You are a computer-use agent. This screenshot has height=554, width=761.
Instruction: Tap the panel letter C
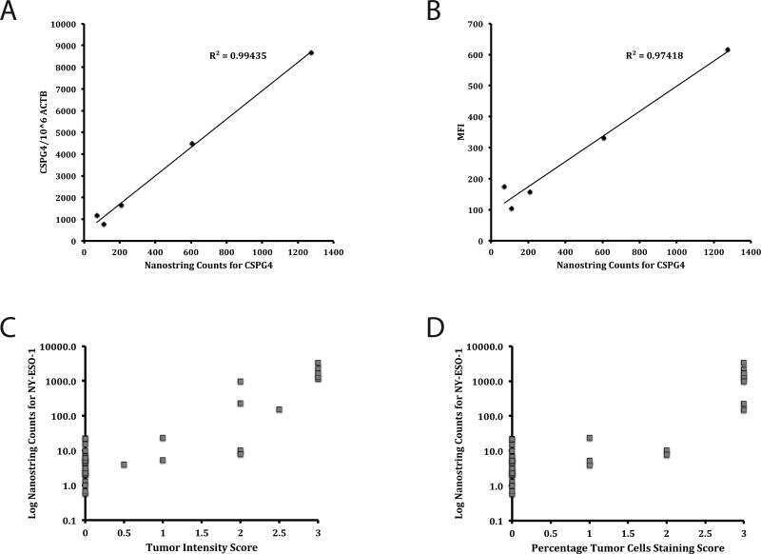(x=10, y=326)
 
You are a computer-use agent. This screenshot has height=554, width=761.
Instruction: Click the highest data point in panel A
(x=311, y=52)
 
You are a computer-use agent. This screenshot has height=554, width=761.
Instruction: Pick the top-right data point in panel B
(x=727, y=49)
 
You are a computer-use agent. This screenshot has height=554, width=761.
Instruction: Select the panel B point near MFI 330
(x=603, y=138)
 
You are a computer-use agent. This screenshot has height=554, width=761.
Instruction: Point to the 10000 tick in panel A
(x=65, y=24)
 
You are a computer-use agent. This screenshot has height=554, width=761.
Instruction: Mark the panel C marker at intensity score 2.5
(x=280, y=409)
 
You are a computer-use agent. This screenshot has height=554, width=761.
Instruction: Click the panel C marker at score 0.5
(x=124, y=465)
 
